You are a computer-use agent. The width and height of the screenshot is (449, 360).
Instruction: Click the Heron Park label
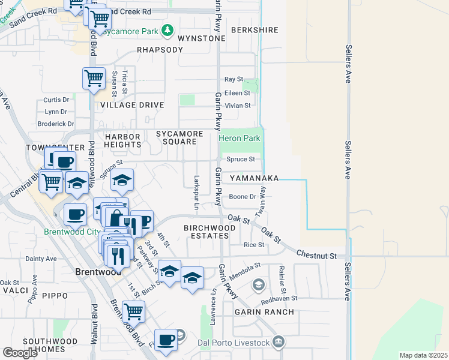(240, 138)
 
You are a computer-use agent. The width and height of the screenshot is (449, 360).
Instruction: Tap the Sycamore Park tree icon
(169, 30)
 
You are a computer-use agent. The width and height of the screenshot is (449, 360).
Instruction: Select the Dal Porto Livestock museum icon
(279, 343)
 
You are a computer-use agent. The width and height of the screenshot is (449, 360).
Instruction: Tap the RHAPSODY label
(160, 50)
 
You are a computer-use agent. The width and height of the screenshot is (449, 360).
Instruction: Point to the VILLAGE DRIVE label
(132, 104)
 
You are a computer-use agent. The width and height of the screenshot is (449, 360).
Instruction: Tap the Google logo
(20, 352)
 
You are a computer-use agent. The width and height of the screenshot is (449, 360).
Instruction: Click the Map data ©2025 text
(423, 355)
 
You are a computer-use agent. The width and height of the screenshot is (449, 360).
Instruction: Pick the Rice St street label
(253, 245)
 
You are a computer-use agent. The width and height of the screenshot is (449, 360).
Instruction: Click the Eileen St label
(237, 93)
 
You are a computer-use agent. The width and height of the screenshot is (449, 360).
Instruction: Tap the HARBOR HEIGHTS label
(122, 141)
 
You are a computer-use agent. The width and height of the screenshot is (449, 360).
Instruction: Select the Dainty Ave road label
(41, 259)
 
